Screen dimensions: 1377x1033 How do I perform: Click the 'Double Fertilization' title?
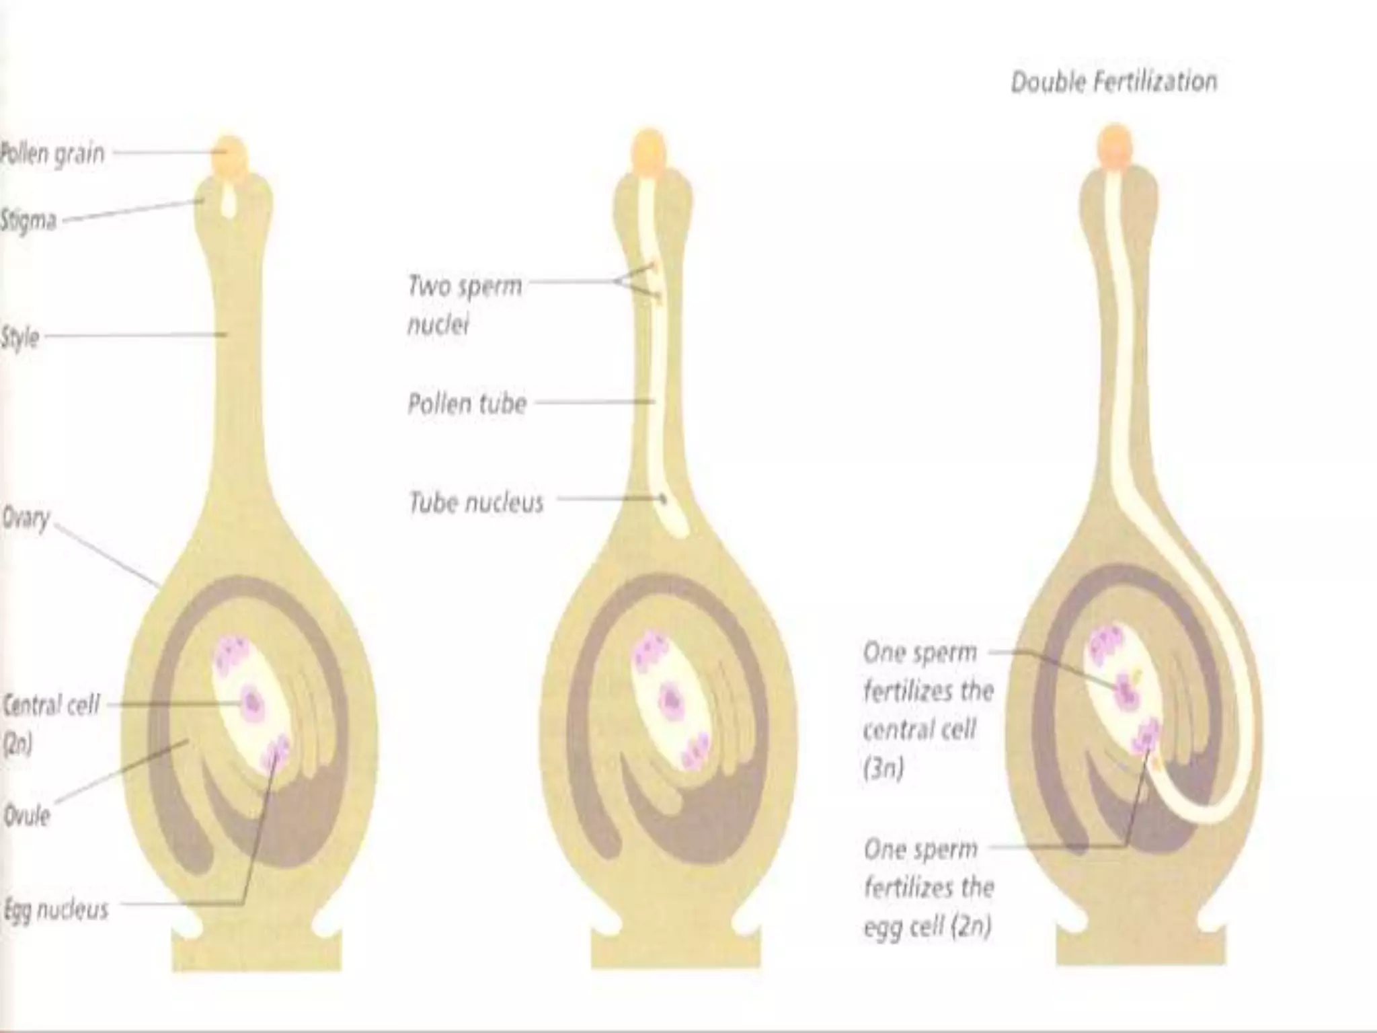1113,83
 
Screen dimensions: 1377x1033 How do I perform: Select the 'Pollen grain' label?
52,154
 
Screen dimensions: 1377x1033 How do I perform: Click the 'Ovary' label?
26,519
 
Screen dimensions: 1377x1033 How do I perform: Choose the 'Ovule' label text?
27,816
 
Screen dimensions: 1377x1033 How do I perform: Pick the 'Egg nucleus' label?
55,910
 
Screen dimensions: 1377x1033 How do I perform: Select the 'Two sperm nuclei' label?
464,305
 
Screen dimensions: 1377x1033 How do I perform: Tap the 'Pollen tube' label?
467,404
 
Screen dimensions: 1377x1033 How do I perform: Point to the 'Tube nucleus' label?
476,502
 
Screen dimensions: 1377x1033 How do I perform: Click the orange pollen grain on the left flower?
230,157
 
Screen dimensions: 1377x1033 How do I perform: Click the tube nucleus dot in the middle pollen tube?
663,499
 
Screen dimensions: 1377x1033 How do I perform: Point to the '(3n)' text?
883,768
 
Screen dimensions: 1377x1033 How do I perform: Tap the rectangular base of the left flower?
257,950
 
